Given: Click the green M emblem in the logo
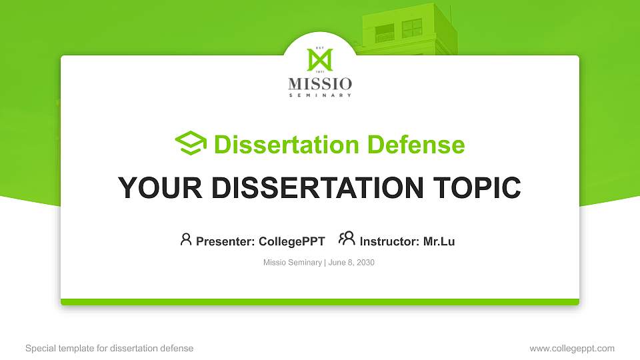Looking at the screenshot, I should tap(319, 60).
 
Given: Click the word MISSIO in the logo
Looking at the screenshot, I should tap(320, 84).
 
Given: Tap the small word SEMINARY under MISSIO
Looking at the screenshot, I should tap(320, 95).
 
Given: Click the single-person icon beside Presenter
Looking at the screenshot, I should tap(186, 239).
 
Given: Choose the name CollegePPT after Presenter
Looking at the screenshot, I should tap(291, 241).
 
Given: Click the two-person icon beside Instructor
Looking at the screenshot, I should tap(347, 239).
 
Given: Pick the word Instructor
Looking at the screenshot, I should tap(388, 241).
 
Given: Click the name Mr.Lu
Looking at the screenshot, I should tap(439, 241).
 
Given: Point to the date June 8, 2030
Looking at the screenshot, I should tap(351, 263).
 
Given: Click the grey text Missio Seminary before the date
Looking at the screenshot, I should tap(293, 263).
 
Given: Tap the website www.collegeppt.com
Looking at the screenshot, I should tap(571, 348).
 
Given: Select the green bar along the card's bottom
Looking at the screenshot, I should tap(320, 302).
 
